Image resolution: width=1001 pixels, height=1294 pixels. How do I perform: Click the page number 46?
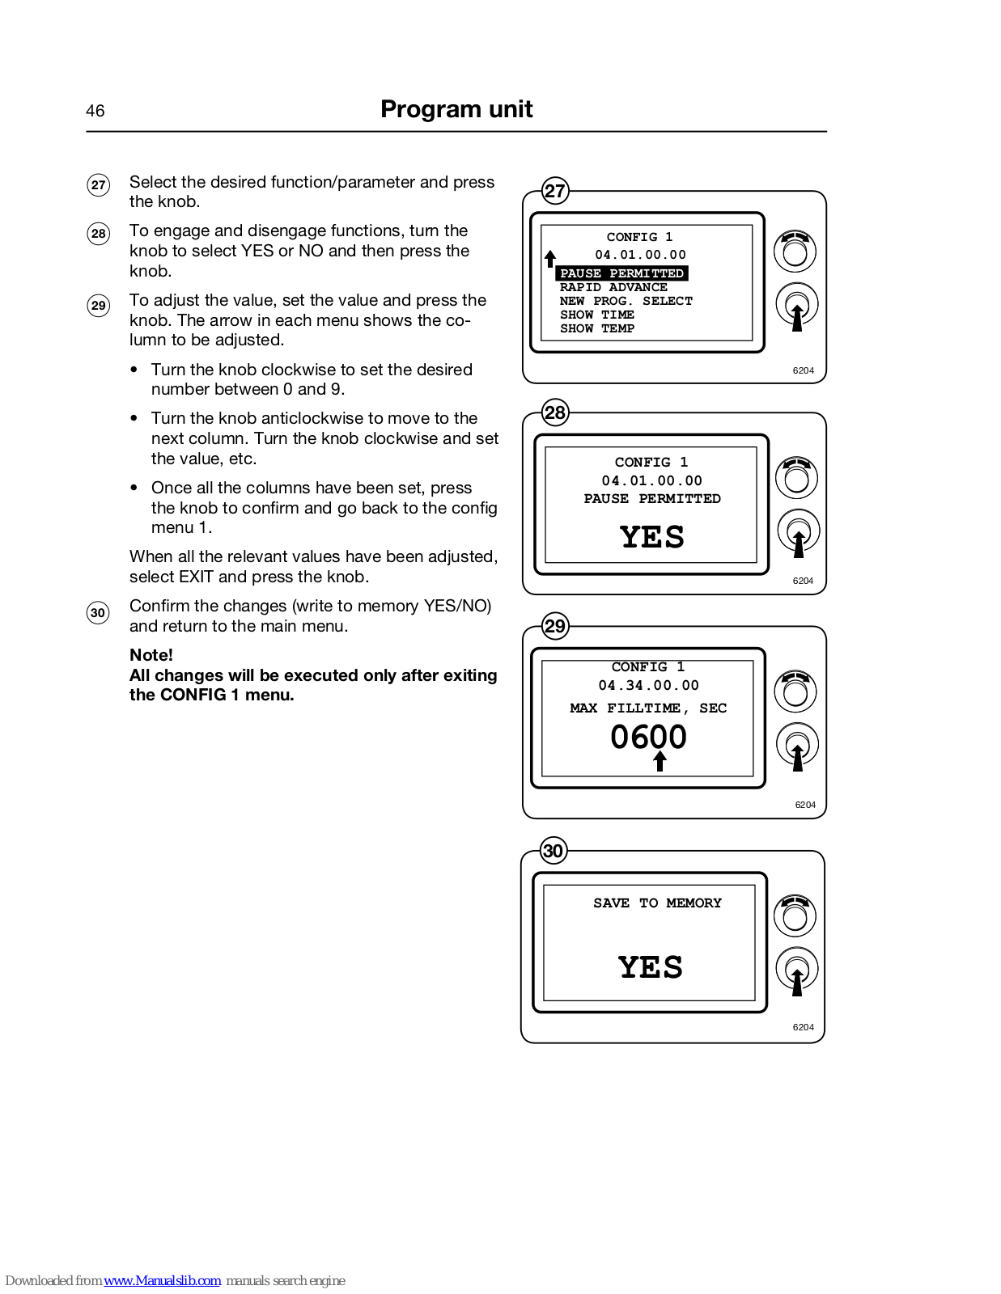pyautogui.click(x=95, y=111)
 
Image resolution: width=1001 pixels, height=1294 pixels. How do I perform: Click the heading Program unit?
pyautogui.click(x=456, y=109)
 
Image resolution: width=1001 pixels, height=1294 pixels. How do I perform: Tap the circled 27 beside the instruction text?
pyautogui.click(x=98, y=184)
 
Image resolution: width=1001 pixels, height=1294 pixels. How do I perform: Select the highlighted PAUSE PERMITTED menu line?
pyautogui.click(x=621, y=273)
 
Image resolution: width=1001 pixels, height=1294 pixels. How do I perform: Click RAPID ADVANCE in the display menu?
pyautogui.click(x=613, y=288)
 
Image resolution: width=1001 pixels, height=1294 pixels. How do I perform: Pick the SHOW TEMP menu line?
pyautogui.click(x=597, y=328)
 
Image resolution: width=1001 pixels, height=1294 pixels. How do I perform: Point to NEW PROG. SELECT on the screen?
pyautogui.click(x=626, y=302)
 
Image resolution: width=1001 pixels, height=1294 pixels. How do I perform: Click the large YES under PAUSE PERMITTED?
pyautogui.click(x=652, y=537)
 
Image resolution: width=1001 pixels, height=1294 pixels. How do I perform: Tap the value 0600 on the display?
pyautogui.click(x=648, y=737)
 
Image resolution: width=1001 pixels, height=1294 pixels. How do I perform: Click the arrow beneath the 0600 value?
pyautogui.click(x=660, y=761)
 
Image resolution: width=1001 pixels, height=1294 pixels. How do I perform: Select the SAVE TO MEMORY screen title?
pyautogui.click(x=657, y=903)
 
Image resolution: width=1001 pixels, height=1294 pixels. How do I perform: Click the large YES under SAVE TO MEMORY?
pyautogui.click(x=650, y=967)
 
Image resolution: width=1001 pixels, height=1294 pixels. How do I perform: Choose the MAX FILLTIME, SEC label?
pyautogui.click(x=648, y=708)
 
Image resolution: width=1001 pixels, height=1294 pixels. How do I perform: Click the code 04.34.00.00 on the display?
pyautogui.click(x=648, y=685)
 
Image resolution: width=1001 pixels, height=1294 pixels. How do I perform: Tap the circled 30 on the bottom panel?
pyautogui.click(x=554, y=850)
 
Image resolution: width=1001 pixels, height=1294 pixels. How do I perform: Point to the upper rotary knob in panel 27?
pyautogui.click(x=795, y=252)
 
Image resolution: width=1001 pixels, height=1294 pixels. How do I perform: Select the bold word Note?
pyautogui.click(x=151, y=655)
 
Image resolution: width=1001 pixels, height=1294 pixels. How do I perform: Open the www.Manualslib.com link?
pyautogui.click(x=162, y=1280)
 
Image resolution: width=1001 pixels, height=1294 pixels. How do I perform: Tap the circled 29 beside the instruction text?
pyautogui.click(x=98, y=306)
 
